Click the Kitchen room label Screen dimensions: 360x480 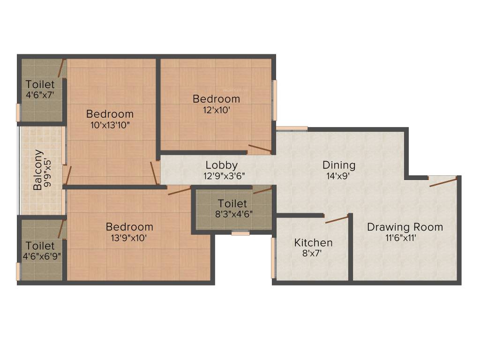point(313,242)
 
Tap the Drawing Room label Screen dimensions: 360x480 point(405,227)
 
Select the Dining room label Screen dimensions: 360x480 point(338,165)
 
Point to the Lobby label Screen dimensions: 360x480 point(221,165)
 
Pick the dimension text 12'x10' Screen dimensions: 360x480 point(216,110)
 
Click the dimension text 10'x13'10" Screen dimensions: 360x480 point(110,125)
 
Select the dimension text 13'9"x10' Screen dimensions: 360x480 point(129,238)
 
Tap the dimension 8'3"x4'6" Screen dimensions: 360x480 point(232,214)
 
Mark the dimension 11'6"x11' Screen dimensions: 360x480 point(405,238)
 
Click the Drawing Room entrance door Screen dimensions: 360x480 point(443,182)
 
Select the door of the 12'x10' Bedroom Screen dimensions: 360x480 point(260,149)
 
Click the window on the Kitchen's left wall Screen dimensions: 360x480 point(273,258)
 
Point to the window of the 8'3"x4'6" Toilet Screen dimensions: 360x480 point(240,233)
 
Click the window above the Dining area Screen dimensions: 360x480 point(292,128)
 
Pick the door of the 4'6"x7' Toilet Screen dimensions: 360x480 point(61,68)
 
